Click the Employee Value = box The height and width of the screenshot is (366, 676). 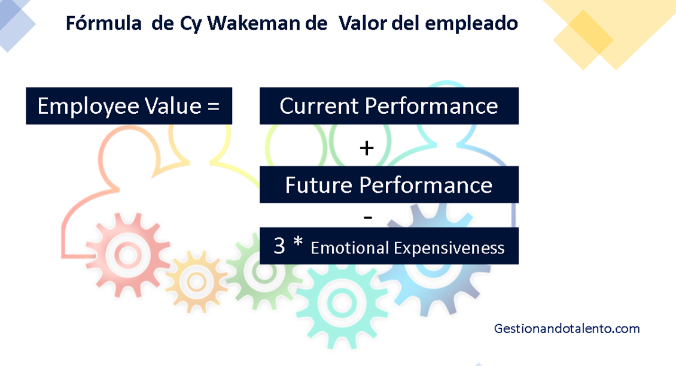click(129, 106)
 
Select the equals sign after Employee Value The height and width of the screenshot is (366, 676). click(212, 107)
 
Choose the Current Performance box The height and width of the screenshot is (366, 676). click(389, 106)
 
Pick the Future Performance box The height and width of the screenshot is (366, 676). click(389, 184)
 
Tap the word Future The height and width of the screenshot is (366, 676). click(318, 184)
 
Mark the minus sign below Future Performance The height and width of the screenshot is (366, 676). click(367, 217)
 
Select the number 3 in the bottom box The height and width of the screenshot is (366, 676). click(279, 246)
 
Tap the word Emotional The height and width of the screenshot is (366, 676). click(348, 248)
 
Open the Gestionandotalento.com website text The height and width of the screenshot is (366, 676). click(567, 329)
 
